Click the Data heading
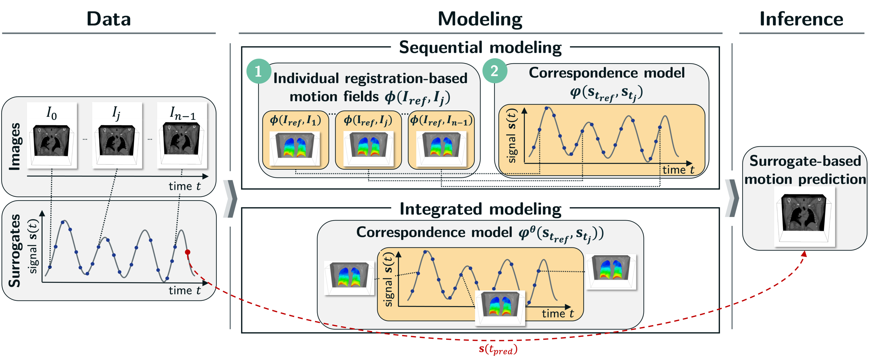coord(109,19)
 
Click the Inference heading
coord(801,19)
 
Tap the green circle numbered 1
coord(258,71)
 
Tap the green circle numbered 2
coord(495,71)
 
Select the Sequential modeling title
coord(480,47)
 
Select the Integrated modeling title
coord(480,209)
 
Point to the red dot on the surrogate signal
coord(187,252)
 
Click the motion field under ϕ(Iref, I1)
coord(294,148)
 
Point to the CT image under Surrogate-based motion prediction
coord(804,216)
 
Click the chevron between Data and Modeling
coord(230,199)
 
